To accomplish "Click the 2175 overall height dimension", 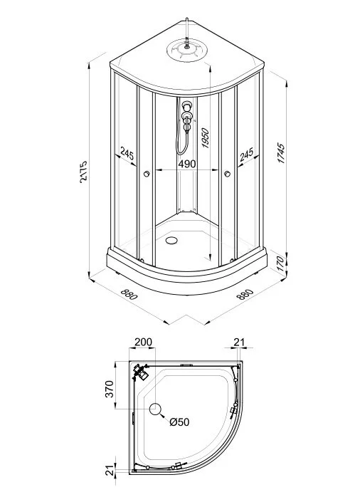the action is [83, 172].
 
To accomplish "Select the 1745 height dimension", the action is [280, 154].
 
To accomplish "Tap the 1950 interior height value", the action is [205, 137].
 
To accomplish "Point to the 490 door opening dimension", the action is [187, 164].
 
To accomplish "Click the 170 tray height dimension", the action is [280, 263].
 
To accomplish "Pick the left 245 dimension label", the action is [127, 154].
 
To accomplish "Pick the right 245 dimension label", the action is [246, 154].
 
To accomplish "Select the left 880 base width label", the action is [129, 294].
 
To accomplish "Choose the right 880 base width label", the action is [245, 294].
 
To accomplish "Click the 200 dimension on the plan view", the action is [143, 342].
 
